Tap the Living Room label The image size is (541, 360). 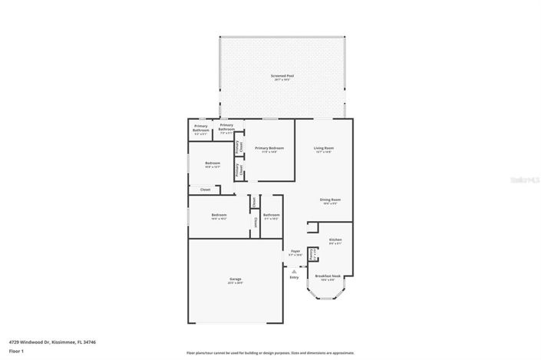pos(323,147)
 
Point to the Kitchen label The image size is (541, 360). pos(335,239)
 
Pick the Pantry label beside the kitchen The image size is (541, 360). pos(311,253)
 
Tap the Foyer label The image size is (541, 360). pos(295,251)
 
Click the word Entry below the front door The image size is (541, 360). pos(294,277)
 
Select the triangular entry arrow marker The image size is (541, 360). pos(294,270)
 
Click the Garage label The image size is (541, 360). pos(235,279)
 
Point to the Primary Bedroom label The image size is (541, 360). pos(269,147)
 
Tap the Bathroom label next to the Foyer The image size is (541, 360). pos(271,215)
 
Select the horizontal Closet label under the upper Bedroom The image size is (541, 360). pos(206,189)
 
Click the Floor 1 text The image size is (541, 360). pos(17,350)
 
